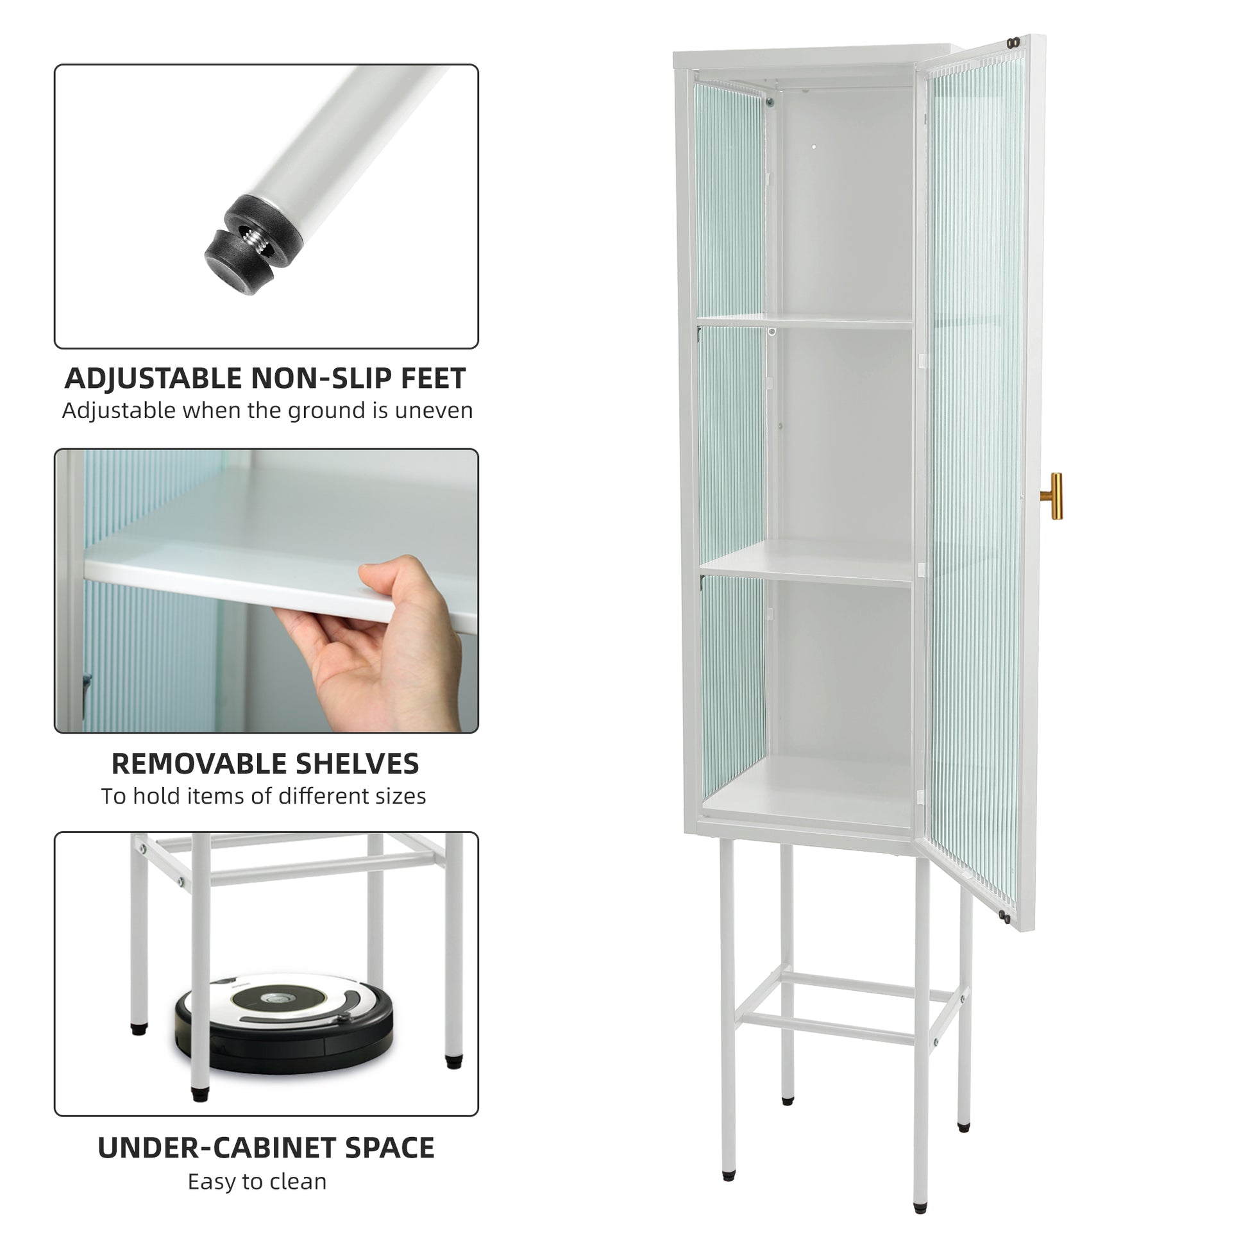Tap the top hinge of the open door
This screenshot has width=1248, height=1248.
coord(1013,42)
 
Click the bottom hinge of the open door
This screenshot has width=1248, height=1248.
coord(1004,916)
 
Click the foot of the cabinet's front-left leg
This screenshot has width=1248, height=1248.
coord(729,1176)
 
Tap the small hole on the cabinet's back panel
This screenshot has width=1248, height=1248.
coord(814,148)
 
